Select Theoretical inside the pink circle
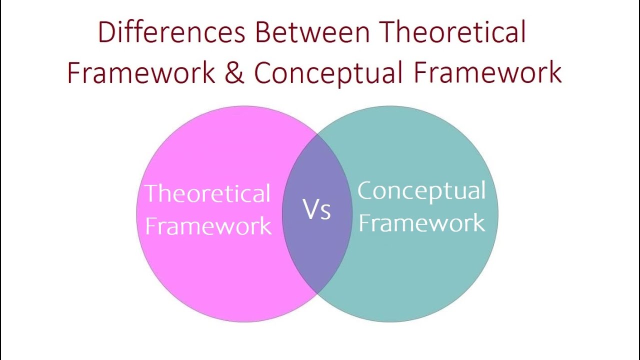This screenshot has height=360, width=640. pos(207,193)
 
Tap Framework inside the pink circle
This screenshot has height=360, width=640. pos(208,225)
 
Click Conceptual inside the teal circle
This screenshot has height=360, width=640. pos(421,191)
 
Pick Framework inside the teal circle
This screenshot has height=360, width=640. pos(421,223)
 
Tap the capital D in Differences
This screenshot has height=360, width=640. pos(106,32)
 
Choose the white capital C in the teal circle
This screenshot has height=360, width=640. pos(366,191)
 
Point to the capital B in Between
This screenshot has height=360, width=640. pos(264,32)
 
